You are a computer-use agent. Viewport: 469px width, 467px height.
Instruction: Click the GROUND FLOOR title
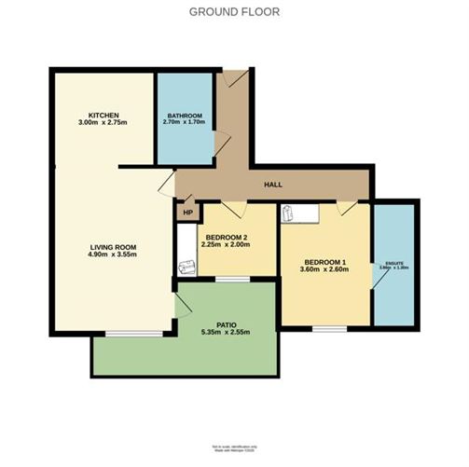[x=234, y=12]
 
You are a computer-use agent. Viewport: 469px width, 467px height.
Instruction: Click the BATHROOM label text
[x=185, y=115]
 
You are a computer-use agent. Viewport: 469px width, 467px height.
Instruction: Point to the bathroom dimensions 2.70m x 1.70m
[x=185, y=123]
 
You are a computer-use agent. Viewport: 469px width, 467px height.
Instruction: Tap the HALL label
[x=273, y=185]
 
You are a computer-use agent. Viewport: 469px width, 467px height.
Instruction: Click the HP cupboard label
[x=187, y=212]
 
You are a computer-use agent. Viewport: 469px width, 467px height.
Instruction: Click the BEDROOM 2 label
[x=228, y=237]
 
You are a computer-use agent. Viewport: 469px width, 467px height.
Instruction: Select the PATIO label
[x=220, y=324]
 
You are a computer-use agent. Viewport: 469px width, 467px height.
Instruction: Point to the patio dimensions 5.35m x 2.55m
[x=220, y=334]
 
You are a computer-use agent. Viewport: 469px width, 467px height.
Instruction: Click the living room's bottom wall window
[x=124, y=332]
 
